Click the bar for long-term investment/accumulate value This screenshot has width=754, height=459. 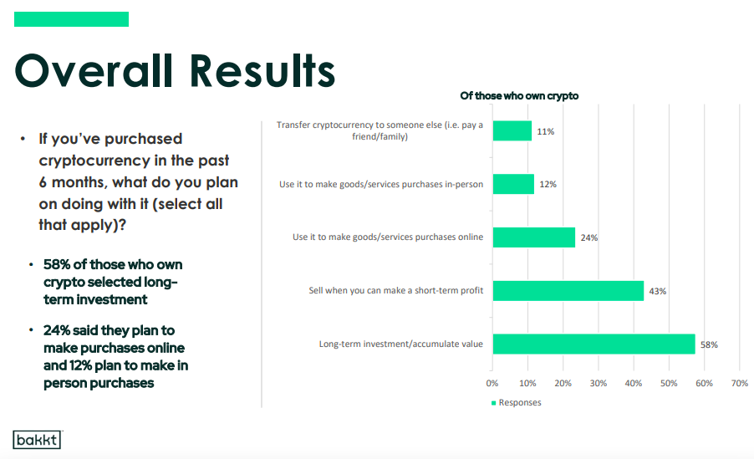tap(594, 344)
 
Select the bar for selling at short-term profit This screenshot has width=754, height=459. tap(568, 291)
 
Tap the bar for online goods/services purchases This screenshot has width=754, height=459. tap(534, 237)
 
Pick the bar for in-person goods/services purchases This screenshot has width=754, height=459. tap(513, 184)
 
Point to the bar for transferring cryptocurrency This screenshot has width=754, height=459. tap(512, 130)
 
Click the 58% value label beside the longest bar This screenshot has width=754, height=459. tap(709, 344)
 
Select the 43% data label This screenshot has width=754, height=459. tap(657, 291)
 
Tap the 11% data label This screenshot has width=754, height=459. tap(545, 131)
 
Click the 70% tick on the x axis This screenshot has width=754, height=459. tap(740, 383)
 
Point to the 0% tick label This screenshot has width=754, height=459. tap(492, 383)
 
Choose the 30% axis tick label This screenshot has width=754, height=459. tap(599, 383)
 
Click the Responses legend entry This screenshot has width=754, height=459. tap(517, 402)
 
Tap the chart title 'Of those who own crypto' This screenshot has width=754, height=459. tap(519, 96)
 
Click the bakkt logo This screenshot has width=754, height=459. tap(37, 439)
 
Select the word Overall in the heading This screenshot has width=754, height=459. tap(94, 71)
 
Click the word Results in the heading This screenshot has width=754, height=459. tap(262, 71)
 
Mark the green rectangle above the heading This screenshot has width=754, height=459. tap(72, 19)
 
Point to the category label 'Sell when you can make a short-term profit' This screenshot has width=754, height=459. tap(395, 290)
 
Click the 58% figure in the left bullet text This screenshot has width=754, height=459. tap(57, 264)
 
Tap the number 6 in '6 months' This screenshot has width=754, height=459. tap(43, 182)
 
